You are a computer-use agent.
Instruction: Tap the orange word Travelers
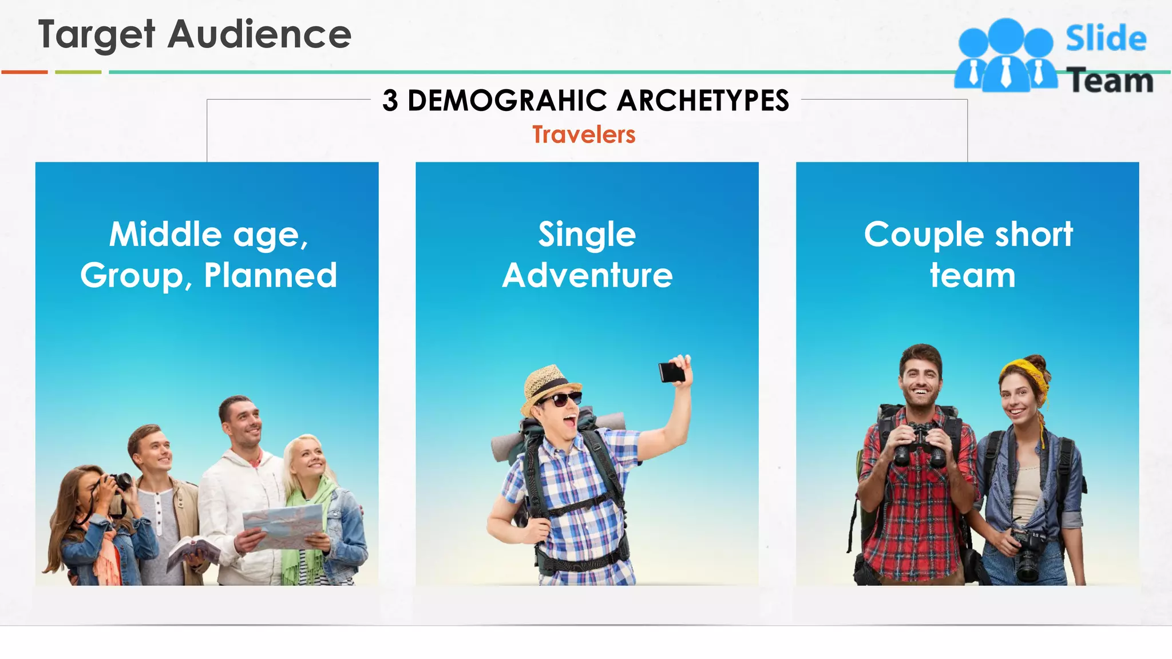pyautogui.click(x=584, y=135)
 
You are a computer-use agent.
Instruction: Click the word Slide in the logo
pyautogui.click(x=1106, y=39)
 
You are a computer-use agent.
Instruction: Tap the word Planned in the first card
pyautogui.click(x=271, y=275)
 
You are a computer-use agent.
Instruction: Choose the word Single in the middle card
pyautogui.click(x=587, y=235)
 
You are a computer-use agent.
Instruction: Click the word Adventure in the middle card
pyautogui.click(x=587, y=275)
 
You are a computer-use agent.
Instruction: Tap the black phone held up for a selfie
pyautogui.click(x=671, y=372)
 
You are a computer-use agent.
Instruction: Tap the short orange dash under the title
pyautogui.click(x=25, y=72)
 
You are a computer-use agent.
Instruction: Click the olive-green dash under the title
pyautogui.click(x=78, y=72)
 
